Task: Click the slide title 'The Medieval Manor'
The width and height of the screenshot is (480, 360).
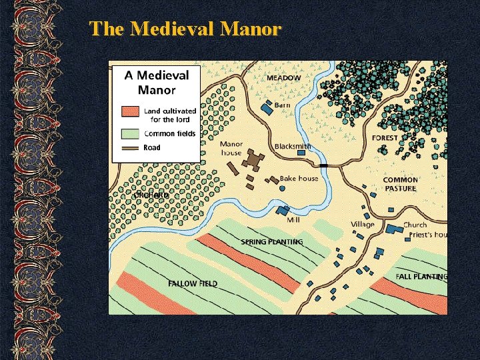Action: (x=185, y=29)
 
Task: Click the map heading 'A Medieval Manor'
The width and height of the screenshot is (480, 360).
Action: (x=157, y=83)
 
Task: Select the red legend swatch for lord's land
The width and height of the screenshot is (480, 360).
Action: (x=130, y=111)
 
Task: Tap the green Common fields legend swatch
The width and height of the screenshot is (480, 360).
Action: (x=130, y=133)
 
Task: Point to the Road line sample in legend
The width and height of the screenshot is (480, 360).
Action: (x=130, y=147)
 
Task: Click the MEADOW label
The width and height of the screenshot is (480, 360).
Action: (x=283, y=78)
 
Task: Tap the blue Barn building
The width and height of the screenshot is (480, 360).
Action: (x=267, y=107)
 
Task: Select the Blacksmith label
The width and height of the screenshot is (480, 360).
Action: (x=292, y=147)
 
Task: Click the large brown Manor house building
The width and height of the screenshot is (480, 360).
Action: (x=253, y=161)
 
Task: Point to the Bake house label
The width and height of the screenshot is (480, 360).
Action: (x=298, y=178)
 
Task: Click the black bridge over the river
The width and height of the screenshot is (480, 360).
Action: (x=323, y=165)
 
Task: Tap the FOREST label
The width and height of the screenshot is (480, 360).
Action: (x=385, y=138)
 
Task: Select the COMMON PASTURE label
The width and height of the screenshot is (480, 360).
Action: (x=401, y=184)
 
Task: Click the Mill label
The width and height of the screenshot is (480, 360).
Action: (x=293, y=219)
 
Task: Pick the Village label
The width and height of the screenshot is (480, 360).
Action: (x=363, y=225)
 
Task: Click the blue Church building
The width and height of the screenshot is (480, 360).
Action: (x=395, y=229)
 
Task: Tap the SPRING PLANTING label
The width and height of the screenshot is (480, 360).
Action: (x=271, y=241)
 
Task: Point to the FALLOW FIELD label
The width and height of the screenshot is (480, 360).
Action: (x=193, y=283)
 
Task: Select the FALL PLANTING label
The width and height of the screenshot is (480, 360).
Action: (x=421, y=276)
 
